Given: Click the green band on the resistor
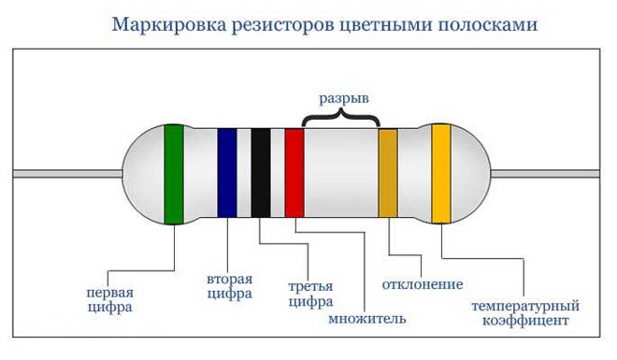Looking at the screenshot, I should coord(173,174).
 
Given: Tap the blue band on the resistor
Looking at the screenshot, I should coord(226,174).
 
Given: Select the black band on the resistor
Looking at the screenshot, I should coord(260,174).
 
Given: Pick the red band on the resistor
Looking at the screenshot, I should coord(294,174).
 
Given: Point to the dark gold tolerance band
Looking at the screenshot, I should coord(388,174).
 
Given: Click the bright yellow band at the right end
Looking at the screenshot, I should coord(440,174).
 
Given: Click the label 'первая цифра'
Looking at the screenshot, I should coord(109,297).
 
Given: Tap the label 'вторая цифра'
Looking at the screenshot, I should coord(229,286).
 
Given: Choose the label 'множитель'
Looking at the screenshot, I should coord(367,319).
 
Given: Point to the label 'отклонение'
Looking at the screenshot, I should coord(423,283).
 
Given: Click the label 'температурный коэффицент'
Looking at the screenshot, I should coord(524,312).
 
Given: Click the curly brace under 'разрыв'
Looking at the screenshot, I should coord(341,118).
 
